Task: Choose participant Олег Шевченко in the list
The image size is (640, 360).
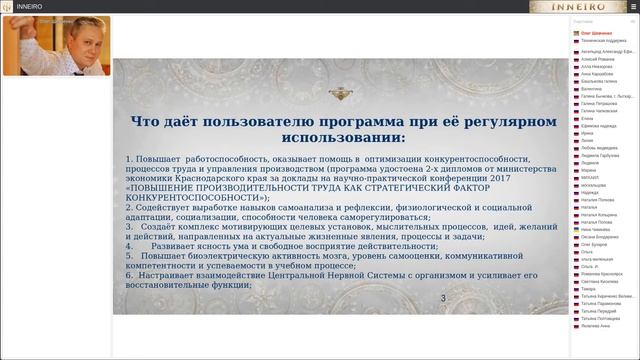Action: [598, 33]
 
